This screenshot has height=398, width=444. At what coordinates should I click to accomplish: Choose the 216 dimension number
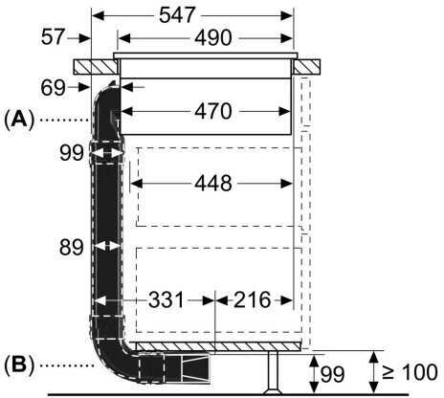253,298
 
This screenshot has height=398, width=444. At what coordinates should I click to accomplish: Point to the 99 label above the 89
69,153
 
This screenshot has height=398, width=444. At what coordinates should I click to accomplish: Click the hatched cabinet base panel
220,346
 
